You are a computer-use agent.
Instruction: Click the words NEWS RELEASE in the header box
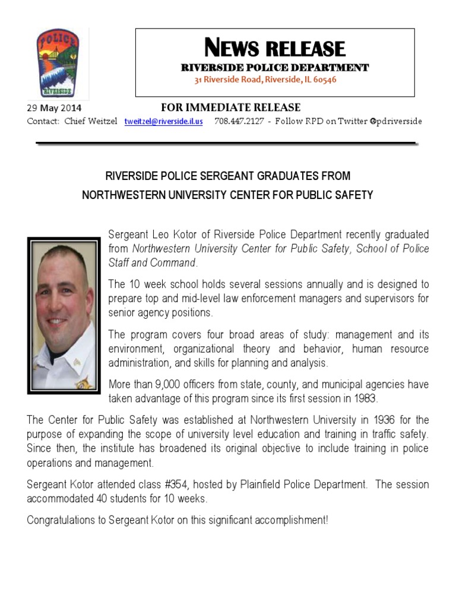point(274,47)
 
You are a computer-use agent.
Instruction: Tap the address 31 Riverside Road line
point(265,80)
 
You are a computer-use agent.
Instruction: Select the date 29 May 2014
point(54,109)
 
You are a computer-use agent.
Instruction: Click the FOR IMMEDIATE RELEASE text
point(231,107)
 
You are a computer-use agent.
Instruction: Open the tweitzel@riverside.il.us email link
point(163,121)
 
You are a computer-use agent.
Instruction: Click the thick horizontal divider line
point(226,143)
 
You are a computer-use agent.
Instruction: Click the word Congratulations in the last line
point(66,521)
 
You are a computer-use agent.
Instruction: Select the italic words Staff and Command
point(151,262)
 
